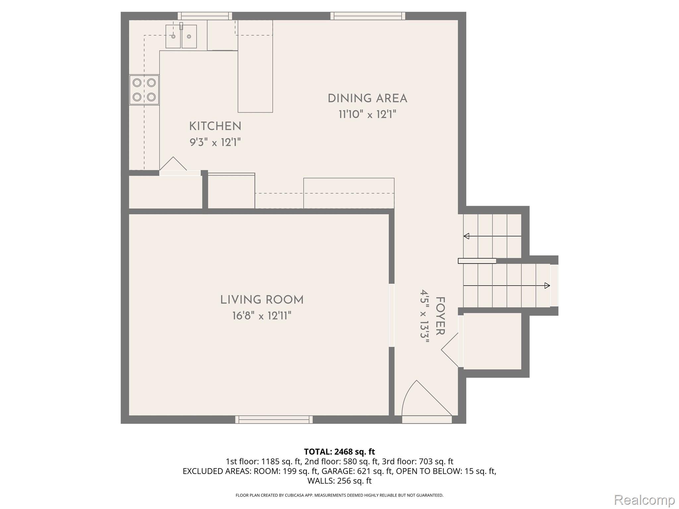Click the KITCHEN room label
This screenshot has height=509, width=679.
coord(215,126)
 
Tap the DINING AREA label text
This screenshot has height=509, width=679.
coord(367,98)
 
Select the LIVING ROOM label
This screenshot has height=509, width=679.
coord(262,300)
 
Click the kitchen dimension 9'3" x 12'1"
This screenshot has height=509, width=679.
coord(215,142)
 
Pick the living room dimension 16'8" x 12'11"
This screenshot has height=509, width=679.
coord(262,316)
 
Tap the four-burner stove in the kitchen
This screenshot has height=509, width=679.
coord(144,89)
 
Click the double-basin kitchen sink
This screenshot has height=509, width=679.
coord(181,36)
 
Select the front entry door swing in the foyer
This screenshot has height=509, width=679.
coord(424,401)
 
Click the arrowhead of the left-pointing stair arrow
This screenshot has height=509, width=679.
coord(466,236)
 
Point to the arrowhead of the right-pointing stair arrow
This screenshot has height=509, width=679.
coord(547,285)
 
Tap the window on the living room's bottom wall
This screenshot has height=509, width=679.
coord(274,420)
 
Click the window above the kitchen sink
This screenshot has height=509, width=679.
coord(205,16)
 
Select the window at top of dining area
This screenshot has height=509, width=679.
coord(368,16)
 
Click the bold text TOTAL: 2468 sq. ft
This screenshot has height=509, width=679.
coord(339,451)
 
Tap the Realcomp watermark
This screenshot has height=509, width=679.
coord(644,499)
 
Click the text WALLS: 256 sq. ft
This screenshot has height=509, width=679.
coord(339,481)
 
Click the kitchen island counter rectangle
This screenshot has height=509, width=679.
coord(255,66)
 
